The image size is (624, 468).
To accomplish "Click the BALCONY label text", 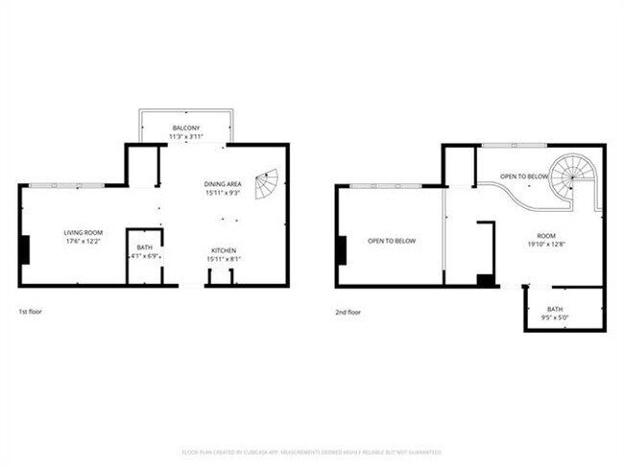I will point(185,128).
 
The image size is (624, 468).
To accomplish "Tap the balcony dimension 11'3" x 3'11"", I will point(185,136).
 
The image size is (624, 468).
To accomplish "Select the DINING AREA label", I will point(224,183).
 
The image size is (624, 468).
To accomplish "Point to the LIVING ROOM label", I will point(84,233).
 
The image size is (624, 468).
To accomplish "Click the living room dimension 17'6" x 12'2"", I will point(84,242).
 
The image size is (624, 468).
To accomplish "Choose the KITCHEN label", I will point(224,251).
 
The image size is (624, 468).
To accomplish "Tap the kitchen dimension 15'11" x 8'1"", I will point(224,260).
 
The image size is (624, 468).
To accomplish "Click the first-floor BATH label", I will point(144,248).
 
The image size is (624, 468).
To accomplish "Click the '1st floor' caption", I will point(30,312).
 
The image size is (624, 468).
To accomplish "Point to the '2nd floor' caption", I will point(348,312).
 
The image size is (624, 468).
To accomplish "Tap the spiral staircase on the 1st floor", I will point(267,182).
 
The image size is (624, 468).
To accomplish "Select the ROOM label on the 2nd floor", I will point(546,235).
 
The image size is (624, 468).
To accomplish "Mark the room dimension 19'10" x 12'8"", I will point(546,244).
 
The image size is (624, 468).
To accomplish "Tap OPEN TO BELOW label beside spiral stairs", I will point(524,177).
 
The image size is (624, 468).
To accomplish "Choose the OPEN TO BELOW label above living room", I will point(392,241).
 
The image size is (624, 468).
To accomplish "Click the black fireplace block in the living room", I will point(25,249).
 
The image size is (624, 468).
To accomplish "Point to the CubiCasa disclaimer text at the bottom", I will point(312,451).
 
